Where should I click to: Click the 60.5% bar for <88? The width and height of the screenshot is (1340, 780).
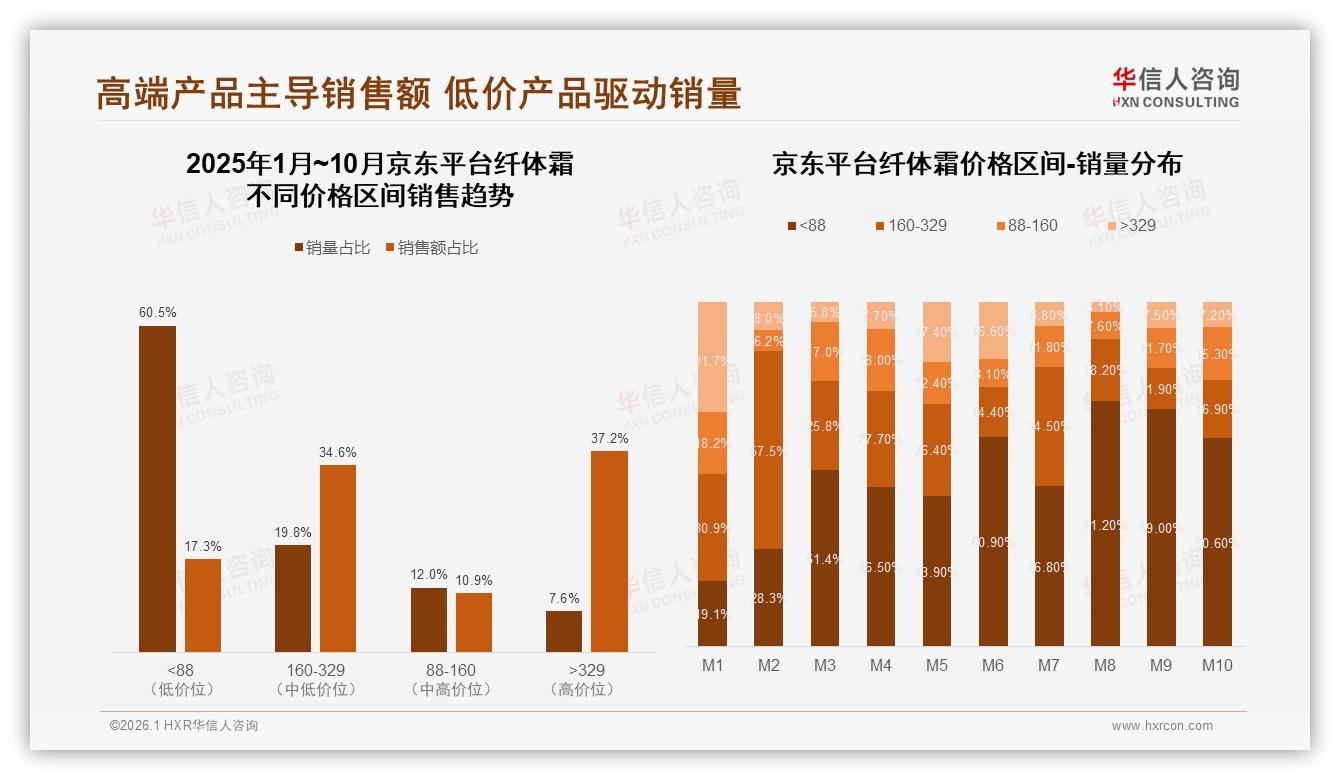tap(157, 489)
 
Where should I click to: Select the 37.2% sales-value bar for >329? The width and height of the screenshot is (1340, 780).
tap(609, 551)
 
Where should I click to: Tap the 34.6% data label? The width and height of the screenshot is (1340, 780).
tap(338, 453)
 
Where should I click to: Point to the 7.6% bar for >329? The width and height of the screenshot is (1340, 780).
tap(564, 631)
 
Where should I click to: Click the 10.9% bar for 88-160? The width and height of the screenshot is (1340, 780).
tap(474, 622)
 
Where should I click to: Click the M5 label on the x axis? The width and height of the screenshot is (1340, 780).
tap(936, 665)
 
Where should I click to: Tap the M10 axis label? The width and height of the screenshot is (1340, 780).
tap(1217, 665)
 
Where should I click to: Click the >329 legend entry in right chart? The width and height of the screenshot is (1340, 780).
tap(1130, 226)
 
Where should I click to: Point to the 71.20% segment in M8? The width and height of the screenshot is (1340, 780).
tap(1105, 523)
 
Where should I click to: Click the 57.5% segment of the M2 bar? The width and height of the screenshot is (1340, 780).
tap(768, 450)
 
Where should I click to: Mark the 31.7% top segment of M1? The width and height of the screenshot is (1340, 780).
tap(712, 357)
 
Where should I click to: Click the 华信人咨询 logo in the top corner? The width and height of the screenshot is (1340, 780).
tap(1175, 88)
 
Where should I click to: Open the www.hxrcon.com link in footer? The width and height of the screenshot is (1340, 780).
tap(1162, 726)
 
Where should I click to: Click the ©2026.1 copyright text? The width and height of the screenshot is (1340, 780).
tap(183, 726)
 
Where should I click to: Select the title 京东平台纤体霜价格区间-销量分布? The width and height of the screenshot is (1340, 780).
tap(976, 164)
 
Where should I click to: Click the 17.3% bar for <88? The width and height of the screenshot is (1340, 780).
tap(203, 605)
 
